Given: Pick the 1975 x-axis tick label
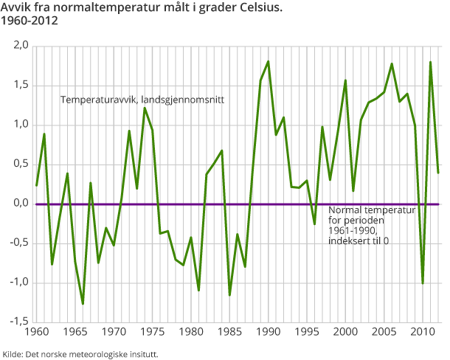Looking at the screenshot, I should pos(153,333).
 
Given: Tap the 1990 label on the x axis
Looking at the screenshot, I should pos(268,333).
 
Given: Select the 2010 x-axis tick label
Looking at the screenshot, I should pos(422,333).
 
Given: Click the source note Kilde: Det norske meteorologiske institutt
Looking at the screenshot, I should pos(80,354).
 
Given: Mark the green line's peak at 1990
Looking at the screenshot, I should pos(268,61).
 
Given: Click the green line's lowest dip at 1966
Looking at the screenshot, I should pos(83,304).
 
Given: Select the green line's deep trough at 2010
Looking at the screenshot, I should pos(422,283).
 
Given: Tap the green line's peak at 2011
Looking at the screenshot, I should pos(430,62).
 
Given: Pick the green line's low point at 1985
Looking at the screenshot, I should pos(229,295).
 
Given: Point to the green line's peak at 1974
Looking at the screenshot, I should pos(145,108).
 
